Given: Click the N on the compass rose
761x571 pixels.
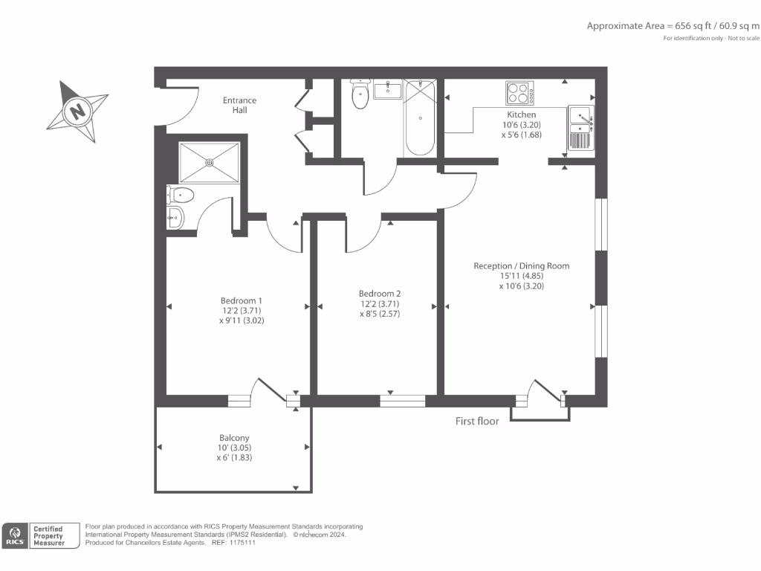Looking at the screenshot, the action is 77,111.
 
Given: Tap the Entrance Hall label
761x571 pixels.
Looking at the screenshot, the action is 239,105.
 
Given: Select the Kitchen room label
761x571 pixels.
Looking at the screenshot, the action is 521,114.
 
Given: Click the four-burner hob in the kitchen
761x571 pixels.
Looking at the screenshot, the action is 519,93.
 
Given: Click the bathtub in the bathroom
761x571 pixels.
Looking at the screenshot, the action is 420,118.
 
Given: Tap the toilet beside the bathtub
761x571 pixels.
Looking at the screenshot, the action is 360,94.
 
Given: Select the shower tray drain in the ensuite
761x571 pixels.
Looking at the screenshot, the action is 210,162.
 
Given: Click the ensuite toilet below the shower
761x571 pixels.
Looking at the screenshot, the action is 180,196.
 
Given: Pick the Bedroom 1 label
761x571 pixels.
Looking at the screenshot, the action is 242,300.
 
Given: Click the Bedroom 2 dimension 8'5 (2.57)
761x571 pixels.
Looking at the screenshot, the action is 380,314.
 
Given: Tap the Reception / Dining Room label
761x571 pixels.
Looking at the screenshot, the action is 521,266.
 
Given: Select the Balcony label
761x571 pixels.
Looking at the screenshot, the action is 234,437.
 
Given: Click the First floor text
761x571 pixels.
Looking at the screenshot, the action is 477,421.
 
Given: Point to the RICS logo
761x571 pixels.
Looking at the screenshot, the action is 15,535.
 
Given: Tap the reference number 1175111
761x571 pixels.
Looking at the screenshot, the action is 242,542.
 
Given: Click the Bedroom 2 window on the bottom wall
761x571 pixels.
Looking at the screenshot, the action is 402,401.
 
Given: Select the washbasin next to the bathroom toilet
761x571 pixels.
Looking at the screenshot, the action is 388,90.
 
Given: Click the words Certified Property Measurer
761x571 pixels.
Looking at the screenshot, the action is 48,535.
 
